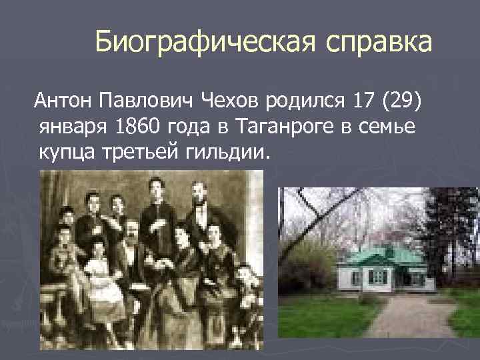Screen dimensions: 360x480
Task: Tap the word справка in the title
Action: click(x=379, y=43)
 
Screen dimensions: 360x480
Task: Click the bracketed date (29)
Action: click(x=402, y=101)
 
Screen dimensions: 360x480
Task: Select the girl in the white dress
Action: click(x=99, y=280)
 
